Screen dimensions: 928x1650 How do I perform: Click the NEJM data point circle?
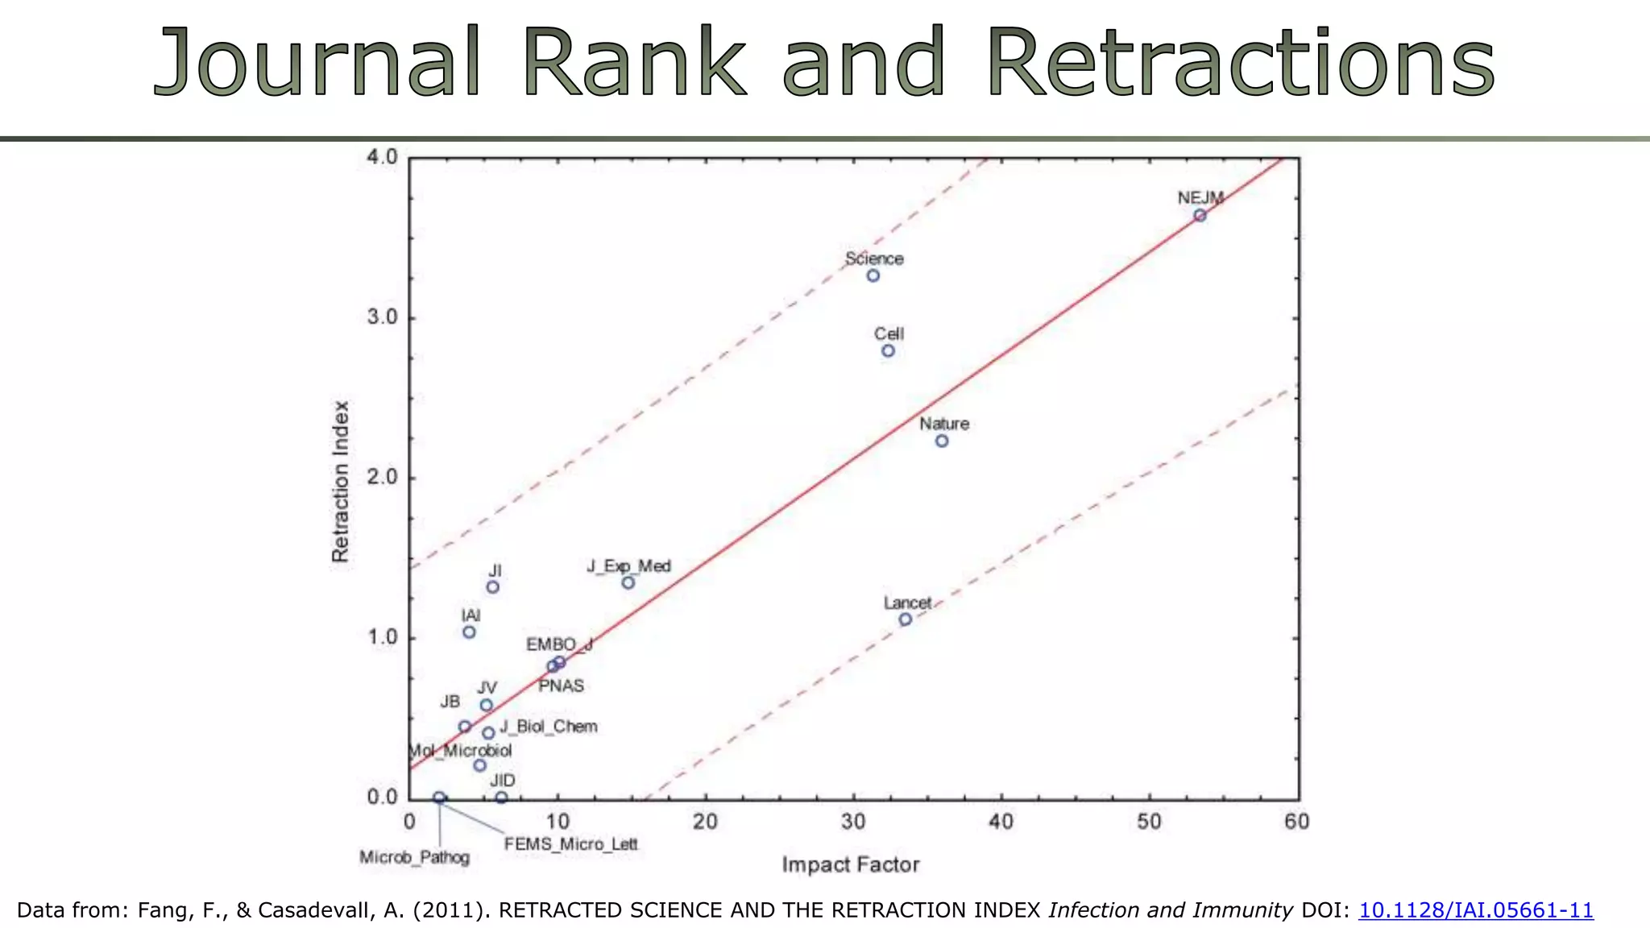[x=1200, y=215]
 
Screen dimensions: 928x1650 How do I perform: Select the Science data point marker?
[x=873, y=275]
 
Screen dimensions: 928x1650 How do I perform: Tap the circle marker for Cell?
[x=888, y=350]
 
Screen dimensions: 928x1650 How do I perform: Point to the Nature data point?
[x=942, y=441]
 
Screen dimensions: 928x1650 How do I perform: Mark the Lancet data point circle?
[x=906, y=619]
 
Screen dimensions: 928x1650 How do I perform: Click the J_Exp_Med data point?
[x=628, y=582]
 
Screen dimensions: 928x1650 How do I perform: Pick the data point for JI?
[x=493, y=587]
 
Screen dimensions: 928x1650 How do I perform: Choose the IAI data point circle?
[x=469, y=632]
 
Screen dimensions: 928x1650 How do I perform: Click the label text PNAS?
[x=561, y=686]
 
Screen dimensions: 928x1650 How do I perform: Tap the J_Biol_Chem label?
[x=549, y=727]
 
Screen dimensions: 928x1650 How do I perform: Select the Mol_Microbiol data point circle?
[x=480, y=765]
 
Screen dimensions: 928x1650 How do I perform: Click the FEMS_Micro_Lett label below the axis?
[x=570, y=844]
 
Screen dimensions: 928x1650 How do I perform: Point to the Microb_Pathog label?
[x=414, y=857]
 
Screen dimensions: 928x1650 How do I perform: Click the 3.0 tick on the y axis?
[x=383, y=317]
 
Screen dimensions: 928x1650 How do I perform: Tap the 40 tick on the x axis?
[x=1001, y=822]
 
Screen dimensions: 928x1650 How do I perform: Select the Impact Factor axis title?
[x=850, y=865]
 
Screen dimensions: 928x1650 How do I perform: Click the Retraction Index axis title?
[x=341, y=481]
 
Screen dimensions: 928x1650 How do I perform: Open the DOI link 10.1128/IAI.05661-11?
[x=1476, y=910]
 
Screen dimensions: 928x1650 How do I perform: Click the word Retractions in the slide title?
[x=1241, y=63]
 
